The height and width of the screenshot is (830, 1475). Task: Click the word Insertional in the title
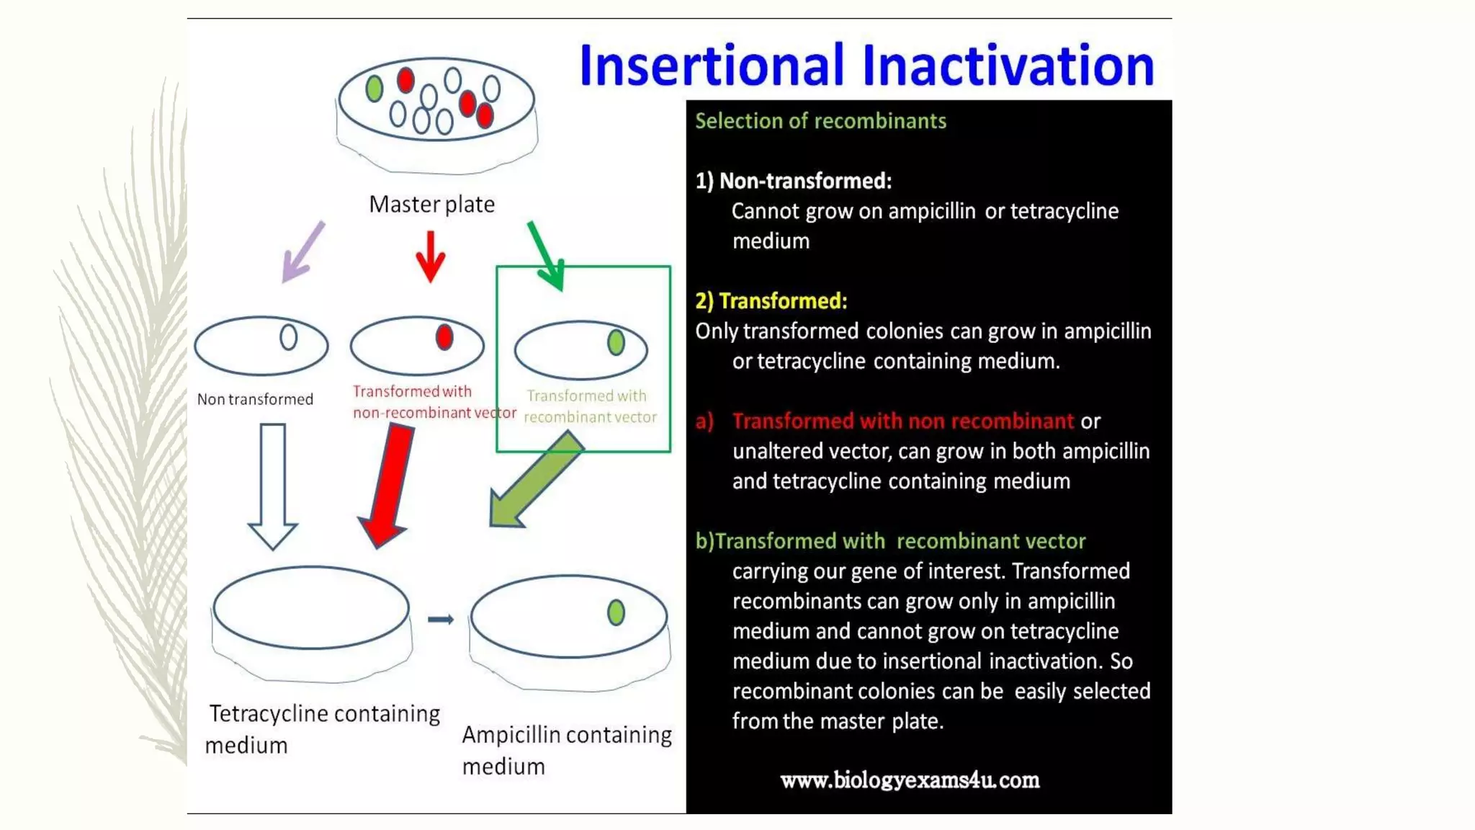coord(710,66)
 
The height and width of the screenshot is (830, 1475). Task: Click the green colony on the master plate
coord(374,89)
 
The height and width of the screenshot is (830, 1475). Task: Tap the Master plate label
coord(431,205)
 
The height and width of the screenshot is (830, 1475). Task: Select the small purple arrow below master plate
coord(302,252)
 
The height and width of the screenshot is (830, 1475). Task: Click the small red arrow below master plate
coord(431,256)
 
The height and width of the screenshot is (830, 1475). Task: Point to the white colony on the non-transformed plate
coord(288,336)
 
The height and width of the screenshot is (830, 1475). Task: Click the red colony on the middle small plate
coord(444,336)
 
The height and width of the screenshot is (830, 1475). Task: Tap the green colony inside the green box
coord(616,342)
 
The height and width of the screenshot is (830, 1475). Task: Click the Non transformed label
coord(255,399)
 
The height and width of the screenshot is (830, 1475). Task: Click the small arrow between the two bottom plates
coord(440,620)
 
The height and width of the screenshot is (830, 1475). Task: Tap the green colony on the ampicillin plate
coord(616,612)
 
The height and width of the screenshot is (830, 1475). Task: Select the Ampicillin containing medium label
coord(566,749)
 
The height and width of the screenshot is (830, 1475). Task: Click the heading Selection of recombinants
coord(820,121)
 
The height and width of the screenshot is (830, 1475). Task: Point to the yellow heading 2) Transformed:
coord(771,301)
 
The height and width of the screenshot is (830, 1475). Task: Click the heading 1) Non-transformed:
coord(793,181)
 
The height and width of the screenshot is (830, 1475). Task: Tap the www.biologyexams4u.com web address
coord(910,780)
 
